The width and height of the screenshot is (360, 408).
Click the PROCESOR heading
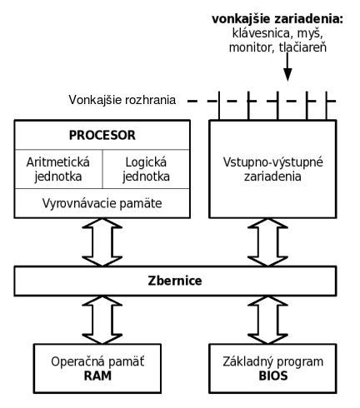[x=102, y=136]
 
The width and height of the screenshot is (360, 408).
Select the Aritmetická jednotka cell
[x=58, y=169]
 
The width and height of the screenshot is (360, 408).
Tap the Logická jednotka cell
[x=146, y=169]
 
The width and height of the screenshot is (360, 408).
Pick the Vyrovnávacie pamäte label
[x=102, y=203]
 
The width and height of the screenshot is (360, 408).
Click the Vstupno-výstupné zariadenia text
[x=273, y=169]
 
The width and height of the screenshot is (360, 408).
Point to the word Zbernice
[x=175, y=281]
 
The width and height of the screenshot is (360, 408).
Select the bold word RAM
[x=97, y=376]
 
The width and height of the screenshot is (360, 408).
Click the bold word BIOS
[x=273, y=376]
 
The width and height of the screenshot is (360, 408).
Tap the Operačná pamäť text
[x=97, y=361]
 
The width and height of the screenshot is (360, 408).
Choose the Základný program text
[x=273, y=361]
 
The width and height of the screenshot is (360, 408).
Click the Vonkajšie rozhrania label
[x=122, y=100]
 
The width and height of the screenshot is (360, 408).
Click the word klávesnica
[x=262, y=33]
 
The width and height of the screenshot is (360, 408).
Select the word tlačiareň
[x=302, y=47]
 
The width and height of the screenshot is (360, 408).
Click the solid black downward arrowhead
[x=287, y=74]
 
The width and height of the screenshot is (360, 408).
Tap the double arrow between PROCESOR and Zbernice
[x=102, y=242]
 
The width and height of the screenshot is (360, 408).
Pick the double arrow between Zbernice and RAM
[x=102, y=320]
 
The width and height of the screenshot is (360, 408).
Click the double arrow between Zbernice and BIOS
[x=267, y=320]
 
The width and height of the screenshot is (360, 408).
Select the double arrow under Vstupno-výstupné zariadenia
[x=267, y=242]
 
